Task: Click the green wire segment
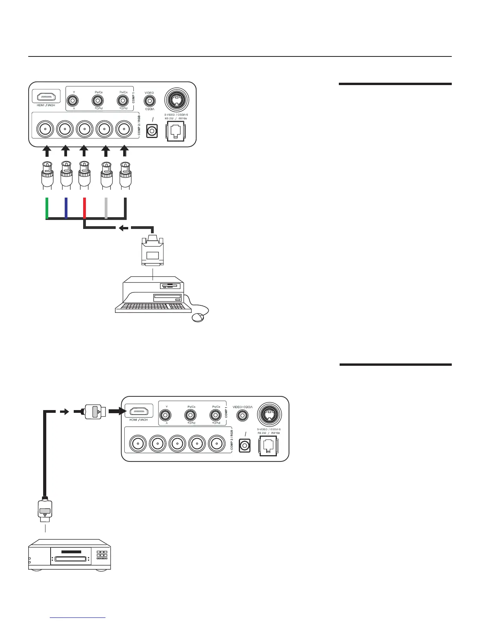[47, 208]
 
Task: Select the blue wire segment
[66, 208]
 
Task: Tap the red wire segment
[84, 208]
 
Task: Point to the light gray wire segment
[106, 208]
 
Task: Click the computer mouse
[198, 317]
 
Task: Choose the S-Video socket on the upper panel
[176, 99]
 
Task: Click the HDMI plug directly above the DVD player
[46, 510]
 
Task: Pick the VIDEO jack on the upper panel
[149, 100]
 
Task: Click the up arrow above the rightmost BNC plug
[125, 151]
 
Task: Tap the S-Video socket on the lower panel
[269, 414]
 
